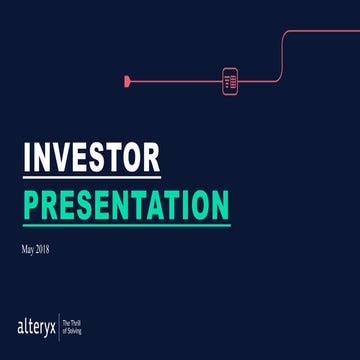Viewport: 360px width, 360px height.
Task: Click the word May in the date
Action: click(28, 247)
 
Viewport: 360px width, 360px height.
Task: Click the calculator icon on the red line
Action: click(228, 79)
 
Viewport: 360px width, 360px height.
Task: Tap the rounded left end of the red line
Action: click(127, 79)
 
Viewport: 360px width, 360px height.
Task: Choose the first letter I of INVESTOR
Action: click(27, 158)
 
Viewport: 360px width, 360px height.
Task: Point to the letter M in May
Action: click(24, 247)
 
